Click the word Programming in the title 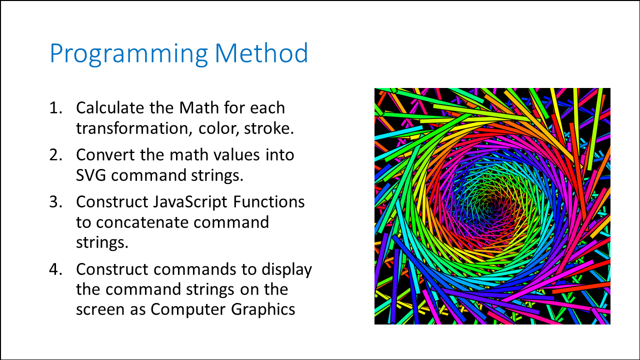tap(129, 54)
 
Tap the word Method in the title tap(261, 53)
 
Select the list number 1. tap(55, 107)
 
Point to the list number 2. tap(55, 154)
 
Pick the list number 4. tap(55, 269)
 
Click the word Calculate tap(110, 107)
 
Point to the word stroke tap(269, 128)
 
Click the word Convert tap(105, 154)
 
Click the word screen tap(100, 309)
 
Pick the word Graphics tap(263, 309)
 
